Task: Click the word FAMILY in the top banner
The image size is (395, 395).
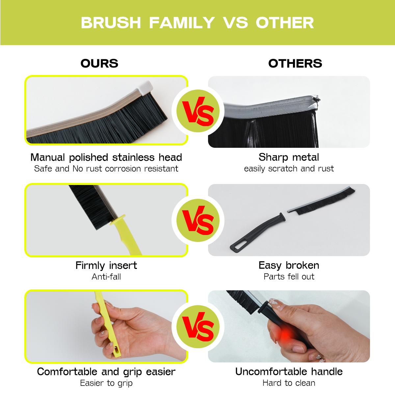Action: (x=182, y=23)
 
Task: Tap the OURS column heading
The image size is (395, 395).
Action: (x=99, y=63)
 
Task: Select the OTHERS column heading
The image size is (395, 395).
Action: (x=295, y=63)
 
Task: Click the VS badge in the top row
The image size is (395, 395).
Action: (x=198, y=111)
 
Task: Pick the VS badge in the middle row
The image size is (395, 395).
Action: (x=198, y=220)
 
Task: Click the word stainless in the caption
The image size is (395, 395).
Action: (x=133, y=157)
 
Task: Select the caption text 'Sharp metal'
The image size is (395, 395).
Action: (x=289, y=157)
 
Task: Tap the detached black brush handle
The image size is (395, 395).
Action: (x=258, y=232)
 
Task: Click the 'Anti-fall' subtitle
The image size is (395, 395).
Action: (x=106, y=277)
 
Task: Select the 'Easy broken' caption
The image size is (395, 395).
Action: (x=289, y=265)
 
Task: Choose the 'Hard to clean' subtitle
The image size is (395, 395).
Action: (x=289, y=383)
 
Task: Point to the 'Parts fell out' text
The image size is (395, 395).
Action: (x=289, y=276)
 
